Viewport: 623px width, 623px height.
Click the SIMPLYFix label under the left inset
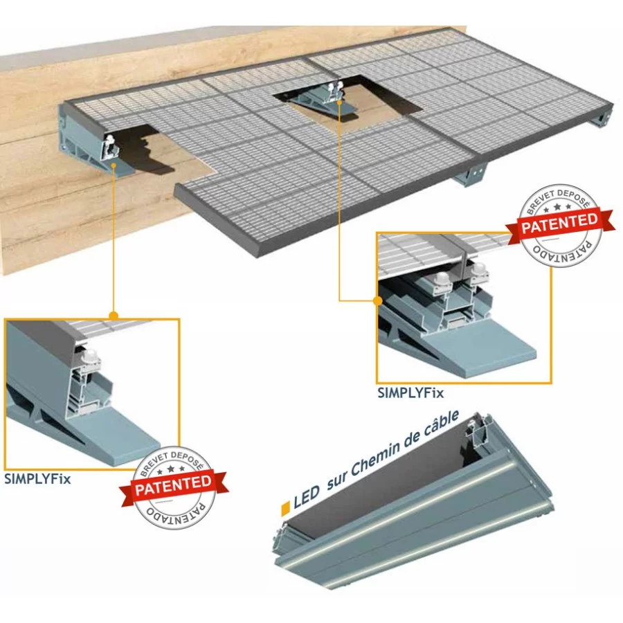[38, 479]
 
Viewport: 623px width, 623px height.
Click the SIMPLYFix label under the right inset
[410, 393]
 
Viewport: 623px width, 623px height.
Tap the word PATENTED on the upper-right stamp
[559, 224]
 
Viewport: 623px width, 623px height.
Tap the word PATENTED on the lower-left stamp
[173, 485]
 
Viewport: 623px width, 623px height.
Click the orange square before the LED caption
[285, 509]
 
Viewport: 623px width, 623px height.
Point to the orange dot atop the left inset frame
[114, 316]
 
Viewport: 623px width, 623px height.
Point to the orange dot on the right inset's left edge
[378, 301]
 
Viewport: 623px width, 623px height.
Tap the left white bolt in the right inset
[442, 278]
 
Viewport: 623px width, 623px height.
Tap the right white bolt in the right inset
[479, 270]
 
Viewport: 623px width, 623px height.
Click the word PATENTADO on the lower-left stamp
[176, 514]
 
